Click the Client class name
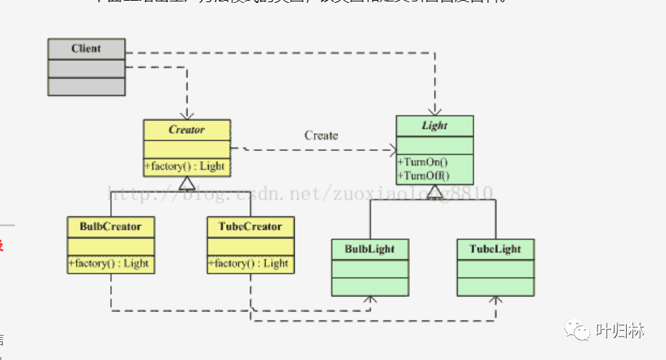(86, 49)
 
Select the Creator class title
(187, 130)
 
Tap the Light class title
(434, 125)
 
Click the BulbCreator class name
(111, 227)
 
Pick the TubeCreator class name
(250, 227)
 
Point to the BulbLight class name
(370, 249)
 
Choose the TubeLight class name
(495, 249)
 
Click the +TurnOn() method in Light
(423, 162)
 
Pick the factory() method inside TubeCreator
(250, 263)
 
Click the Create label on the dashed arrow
(321, 135)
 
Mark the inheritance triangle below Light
(434, 191)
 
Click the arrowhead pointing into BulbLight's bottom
(370, 300)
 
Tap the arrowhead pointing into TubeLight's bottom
(495, 300)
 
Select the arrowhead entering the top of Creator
(187, 115)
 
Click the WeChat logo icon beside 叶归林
(577, 331)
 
